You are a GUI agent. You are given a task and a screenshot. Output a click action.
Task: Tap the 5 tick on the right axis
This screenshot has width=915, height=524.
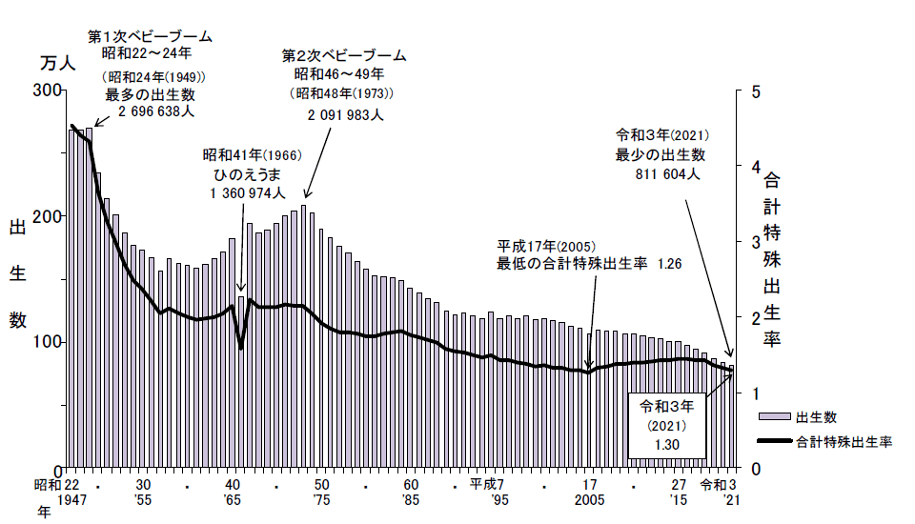pos(755,91)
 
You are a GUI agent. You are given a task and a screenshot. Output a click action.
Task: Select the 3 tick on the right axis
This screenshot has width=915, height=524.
pos(755,242)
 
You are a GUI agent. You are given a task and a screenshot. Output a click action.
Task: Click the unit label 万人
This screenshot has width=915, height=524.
pos(57,64)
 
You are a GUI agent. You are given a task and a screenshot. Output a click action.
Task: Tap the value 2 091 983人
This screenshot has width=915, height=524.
pos(345,114)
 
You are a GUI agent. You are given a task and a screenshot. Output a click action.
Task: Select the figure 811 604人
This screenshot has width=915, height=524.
pos(669,174)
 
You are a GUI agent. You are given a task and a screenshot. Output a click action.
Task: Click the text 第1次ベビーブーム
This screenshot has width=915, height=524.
pos(150,36)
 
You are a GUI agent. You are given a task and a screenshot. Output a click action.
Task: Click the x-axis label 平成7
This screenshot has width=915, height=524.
pos(493,483)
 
